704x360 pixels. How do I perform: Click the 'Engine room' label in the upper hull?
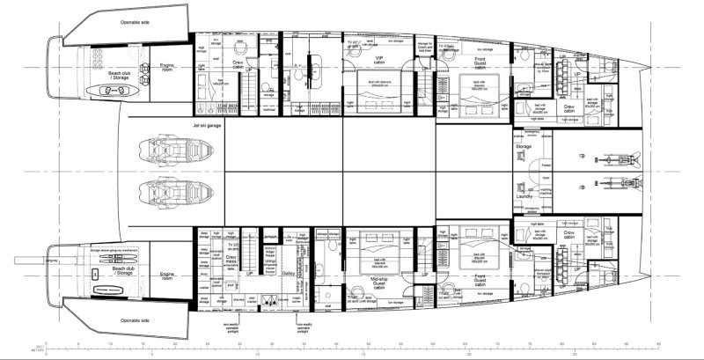[168, 66]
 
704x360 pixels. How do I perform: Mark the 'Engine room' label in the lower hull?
[168, 276]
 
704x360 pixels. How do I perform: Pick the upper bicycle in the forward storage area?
[612, 159]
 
